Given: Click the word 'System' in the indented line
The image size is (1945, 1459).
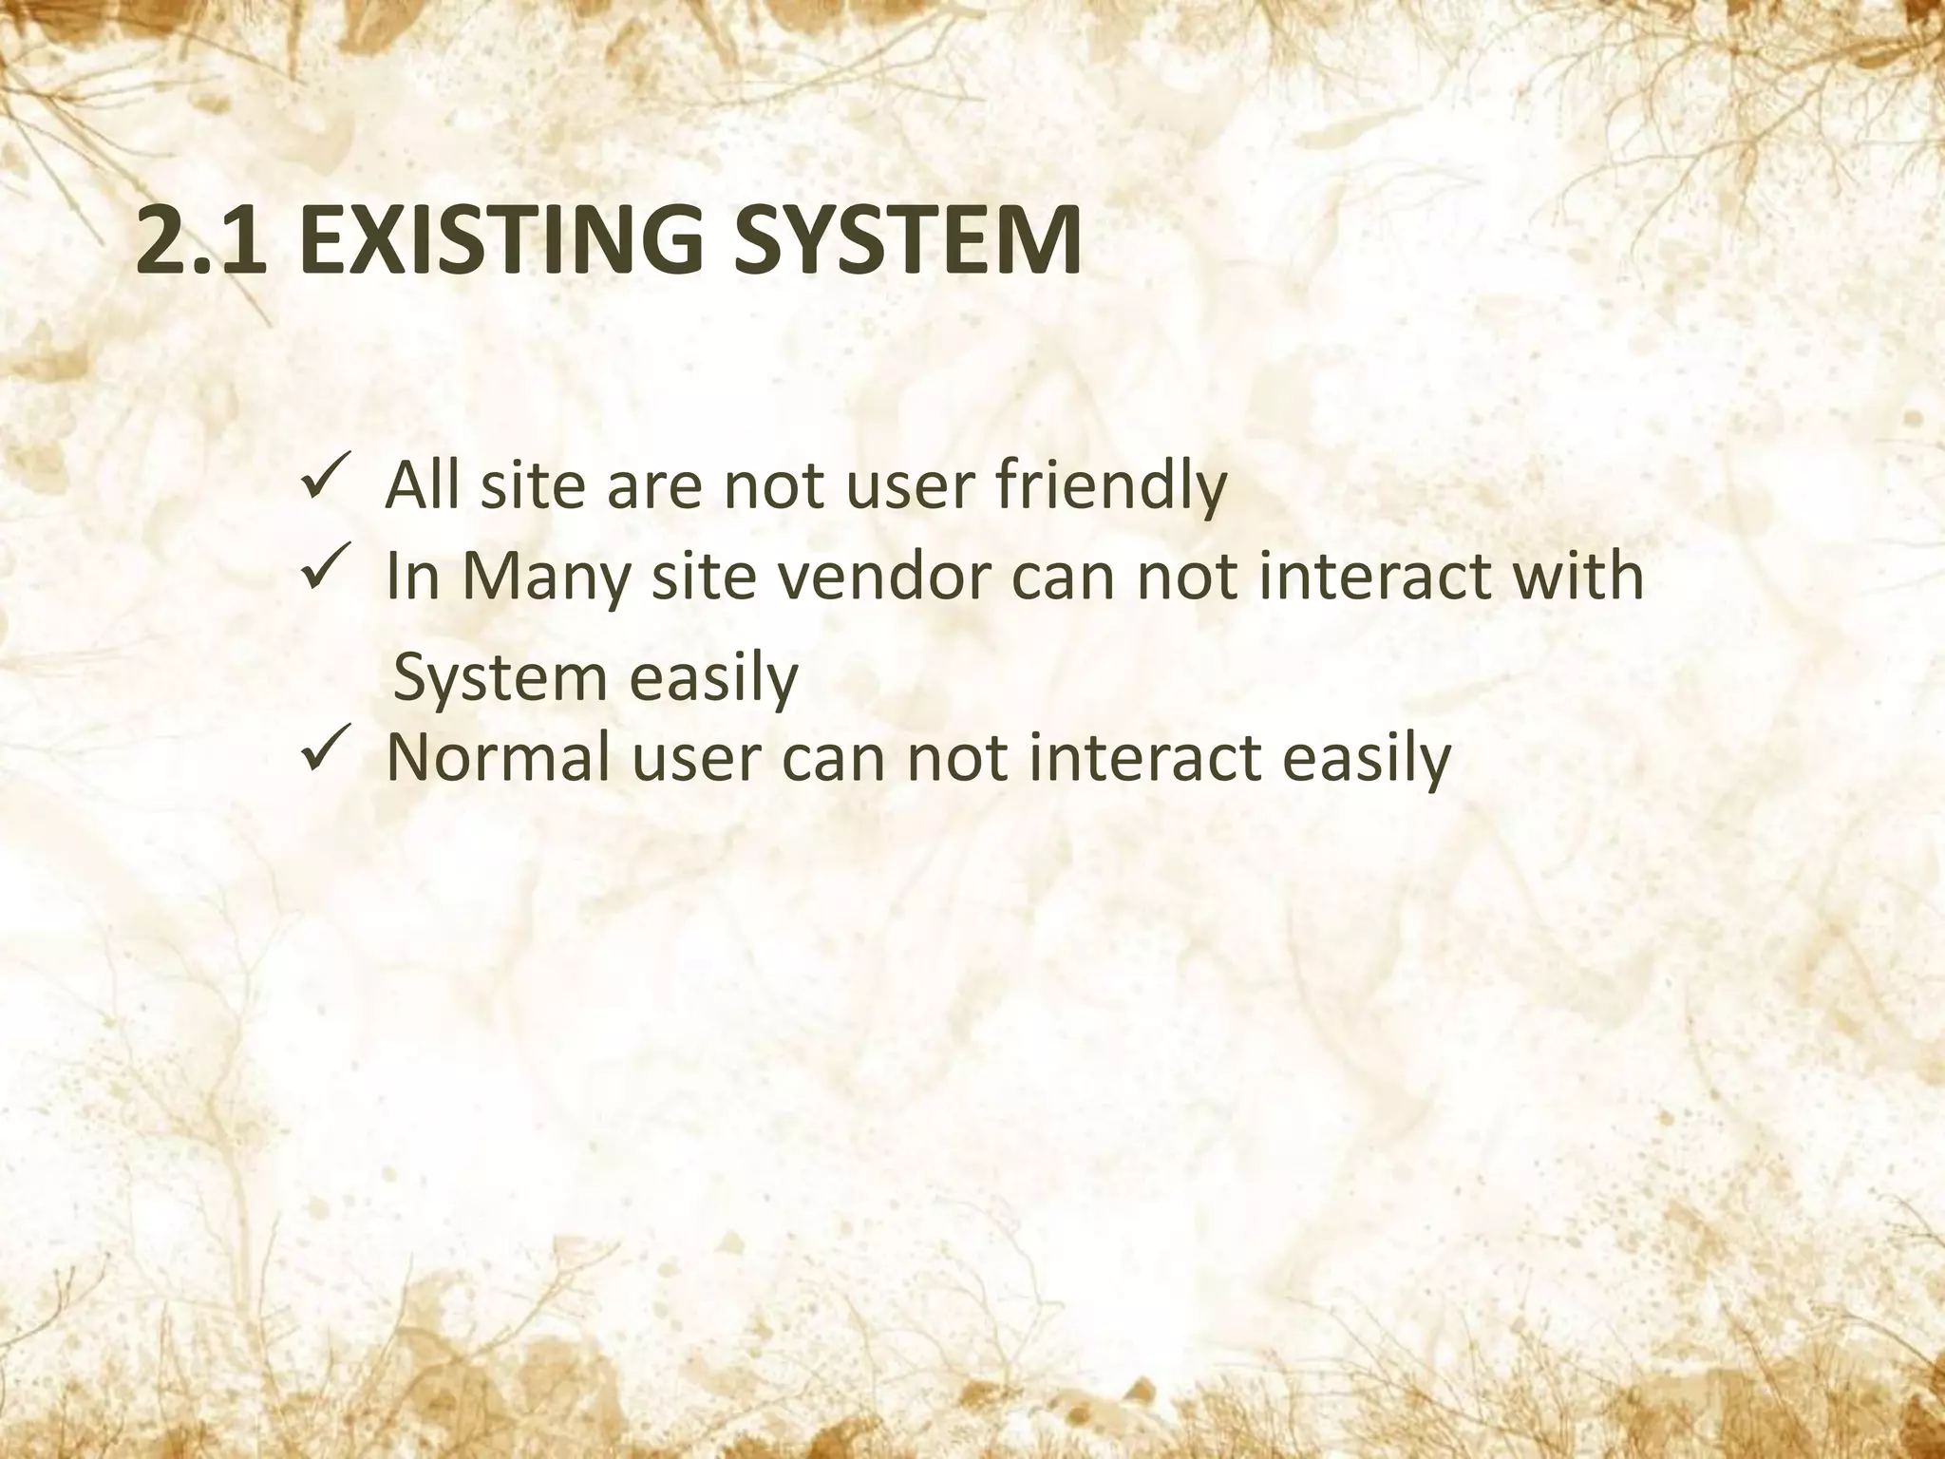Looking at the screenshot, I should pyautogui.click(x=499, y=678).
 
